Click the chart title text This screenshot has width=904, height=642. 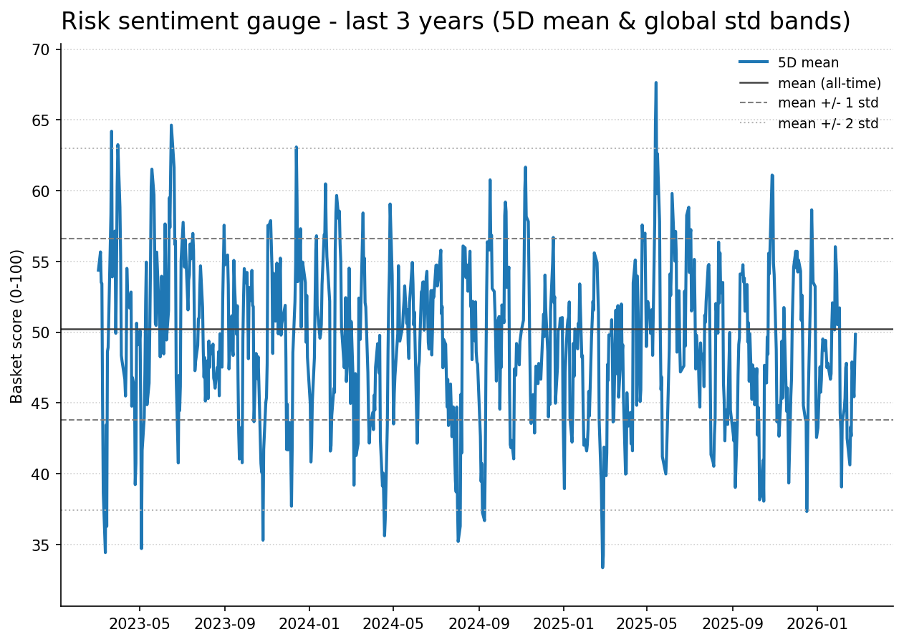click(x=456, y=21)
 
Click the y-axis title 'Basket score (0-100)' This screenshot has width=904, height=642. click(x=17, y=326)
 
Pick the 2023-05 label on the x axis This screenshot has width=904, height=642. click(x=140, y=623)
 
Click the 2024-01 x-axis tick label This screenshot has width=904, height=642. click(x=309, y=623)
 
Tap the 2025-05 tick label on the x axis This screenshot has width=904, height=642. click(x=647, y=623)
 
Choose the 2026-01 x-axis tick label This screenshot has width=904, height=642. click(x=817, y=623)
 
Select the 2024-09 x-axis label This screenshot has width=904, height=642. click(x=479, y=623)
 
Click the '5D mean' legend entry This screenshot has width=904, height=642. click(x=808, y=63)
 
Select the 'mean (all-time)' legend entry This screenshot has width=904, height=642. click(x=829, y=83)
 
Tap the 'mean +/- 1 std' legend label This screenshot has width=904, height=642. click(x=827, y=103)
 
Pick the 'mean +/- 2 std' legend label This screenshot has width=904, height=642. click(x=827, y=123)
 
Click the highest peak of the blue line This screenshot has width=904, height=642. click(x=655, y=82)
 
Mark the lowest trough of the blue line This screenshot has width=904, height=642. click(x=602, y=567)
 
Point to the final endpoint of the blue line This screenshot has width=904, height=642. click(x=855, y=334)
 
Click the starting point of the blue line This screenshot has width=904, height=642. click(x=98, y=270)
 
